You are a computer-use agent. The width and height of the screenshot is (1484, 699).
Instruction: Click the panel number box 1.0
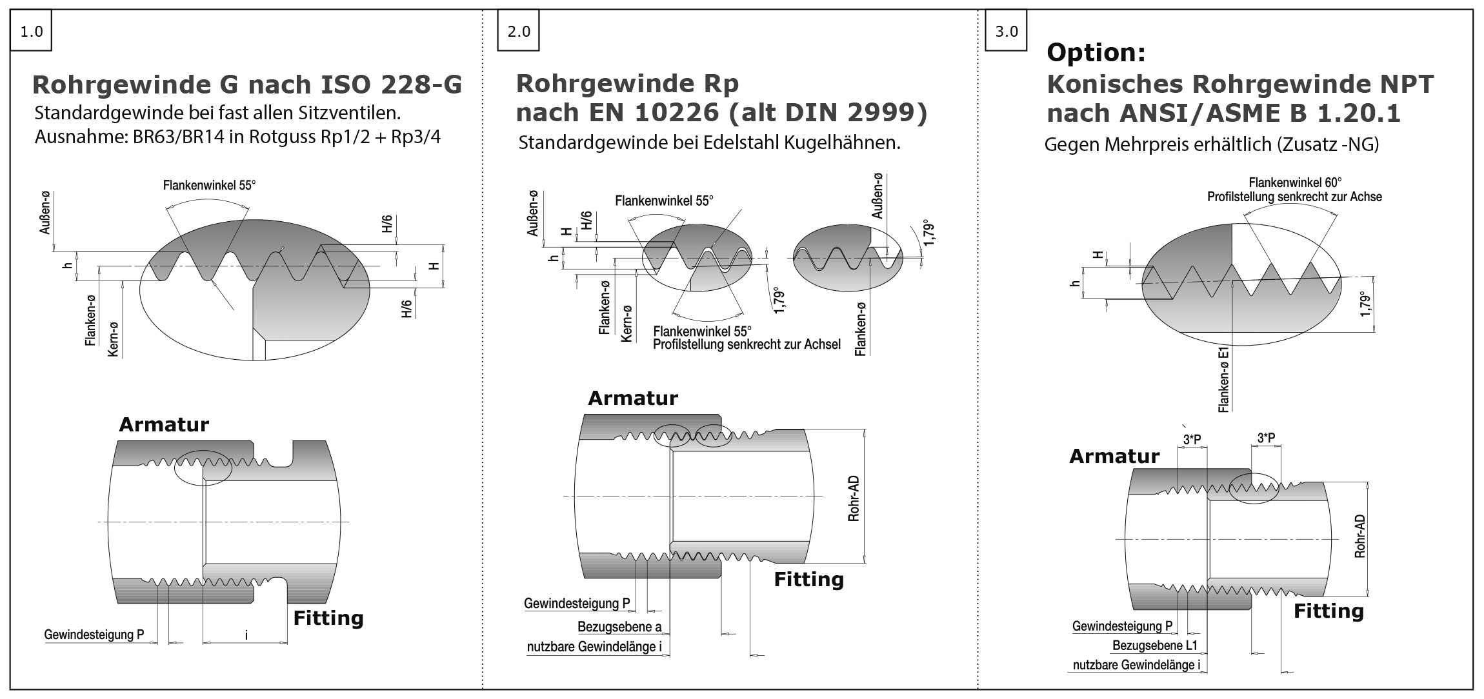[31, 31]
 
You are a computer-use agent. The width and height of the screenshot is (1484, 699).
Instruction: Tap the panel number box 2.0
[518, 31]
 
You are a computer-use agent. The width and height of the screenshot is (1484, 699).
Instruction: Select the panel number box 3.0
[1007, 31]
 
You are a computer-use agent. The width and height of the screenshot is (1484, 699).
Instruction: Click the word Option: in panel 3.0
[1096, 52]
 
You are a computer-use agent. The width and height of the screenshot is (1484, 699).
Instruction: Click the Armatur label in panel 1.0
[164, 424]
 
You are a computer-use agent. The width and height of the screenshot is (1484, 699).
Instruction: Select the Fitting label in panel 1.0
[328, 618]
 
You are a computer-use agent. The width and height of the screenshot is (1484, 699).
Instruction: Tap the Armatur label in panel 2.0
[632, 398]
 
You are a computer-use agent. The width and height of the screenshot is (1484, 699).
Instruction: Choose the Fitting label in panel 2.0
[808, 579]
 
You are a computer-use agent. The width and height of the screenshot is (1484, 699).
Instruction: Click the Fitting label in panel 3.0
[1329, 611]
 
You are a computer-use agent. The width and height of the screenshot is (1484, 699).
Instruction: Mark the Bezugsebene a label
[619, 627]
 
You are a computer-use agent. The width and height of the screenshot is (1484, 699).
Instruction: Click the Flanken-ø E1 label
[1223, 380]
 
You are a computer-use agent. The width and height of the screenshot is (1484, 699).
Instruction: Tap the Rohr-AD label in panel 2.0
[854, 499]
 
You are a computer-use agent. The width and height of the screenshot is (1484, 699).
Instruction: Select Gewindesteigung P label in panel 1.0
[94, 635]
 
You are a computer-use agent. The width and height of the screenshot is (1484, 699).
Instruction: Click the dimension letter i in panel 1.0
[246, 635]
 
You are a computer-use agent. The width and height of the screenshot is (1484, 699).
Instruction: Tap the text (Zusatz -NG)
[1327, 144]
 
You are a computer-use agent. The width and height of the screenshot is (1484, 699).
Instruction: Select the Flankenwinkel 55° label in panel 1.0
[209, 185]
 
